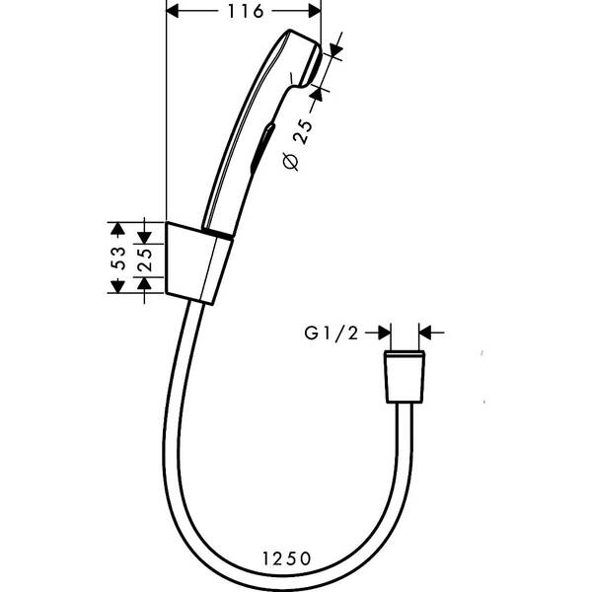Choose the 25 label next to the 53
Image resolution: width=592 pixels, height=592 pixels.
(x=144, y=259)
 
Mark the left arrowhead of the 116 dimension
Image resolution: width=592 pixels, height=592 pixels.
(x=171, y=12)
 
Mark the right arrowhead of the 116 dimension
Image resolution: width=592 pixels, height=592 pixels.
(x=316, y=12)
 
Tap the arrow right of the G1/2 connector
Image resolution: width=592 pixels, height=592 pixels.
(x=426, y=333)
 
